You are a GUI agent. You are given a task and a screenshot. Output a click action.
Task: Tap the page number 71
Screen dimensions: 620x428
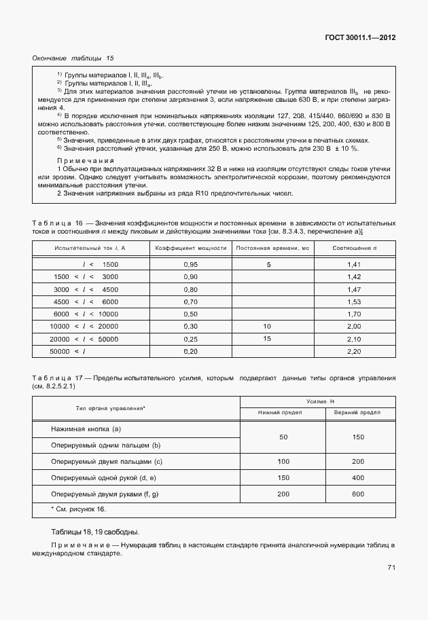tap(391, 567)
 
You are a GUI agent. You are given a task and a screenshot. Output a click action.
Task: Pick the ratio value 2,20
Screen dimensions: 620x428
tap(353, 351)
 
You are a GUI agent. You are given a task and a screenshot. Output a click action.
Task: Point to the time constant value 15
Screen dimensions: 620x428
tap(267, 338)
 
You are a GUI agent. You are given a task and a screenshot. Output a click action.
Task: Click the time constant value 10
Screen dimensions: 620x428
tap(267, 326)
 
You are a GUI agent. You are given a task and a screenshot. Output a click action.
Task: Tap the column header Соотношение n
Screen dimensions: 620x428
tap(353, 249)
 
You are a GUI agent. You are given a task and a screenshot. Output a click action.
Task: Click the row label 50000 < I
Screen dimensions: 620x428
tap(66, 351)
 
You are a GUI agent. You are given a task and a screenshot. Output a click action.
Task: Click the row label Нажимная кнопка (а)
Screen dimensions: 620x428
tap(86, 429)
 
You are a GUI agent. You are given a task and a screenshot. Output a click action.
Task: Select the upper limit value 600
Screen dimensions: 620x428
tap(358, 494)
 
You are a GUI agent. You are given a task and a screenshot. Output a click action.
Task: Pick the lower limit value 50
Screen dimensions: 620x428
tap(283, 437)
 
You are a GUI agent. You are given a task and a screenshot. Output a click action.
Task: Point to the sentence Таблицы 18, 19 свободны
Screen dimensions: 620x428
tap(95, 532)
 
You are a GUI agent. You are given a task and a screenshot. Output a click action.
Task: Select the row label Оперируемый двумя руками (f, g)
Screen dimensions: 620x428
tap(105, 494)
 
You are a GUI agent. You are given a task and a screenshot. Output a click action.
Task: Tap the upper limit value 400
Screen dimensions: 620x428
tap(358, 477)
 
